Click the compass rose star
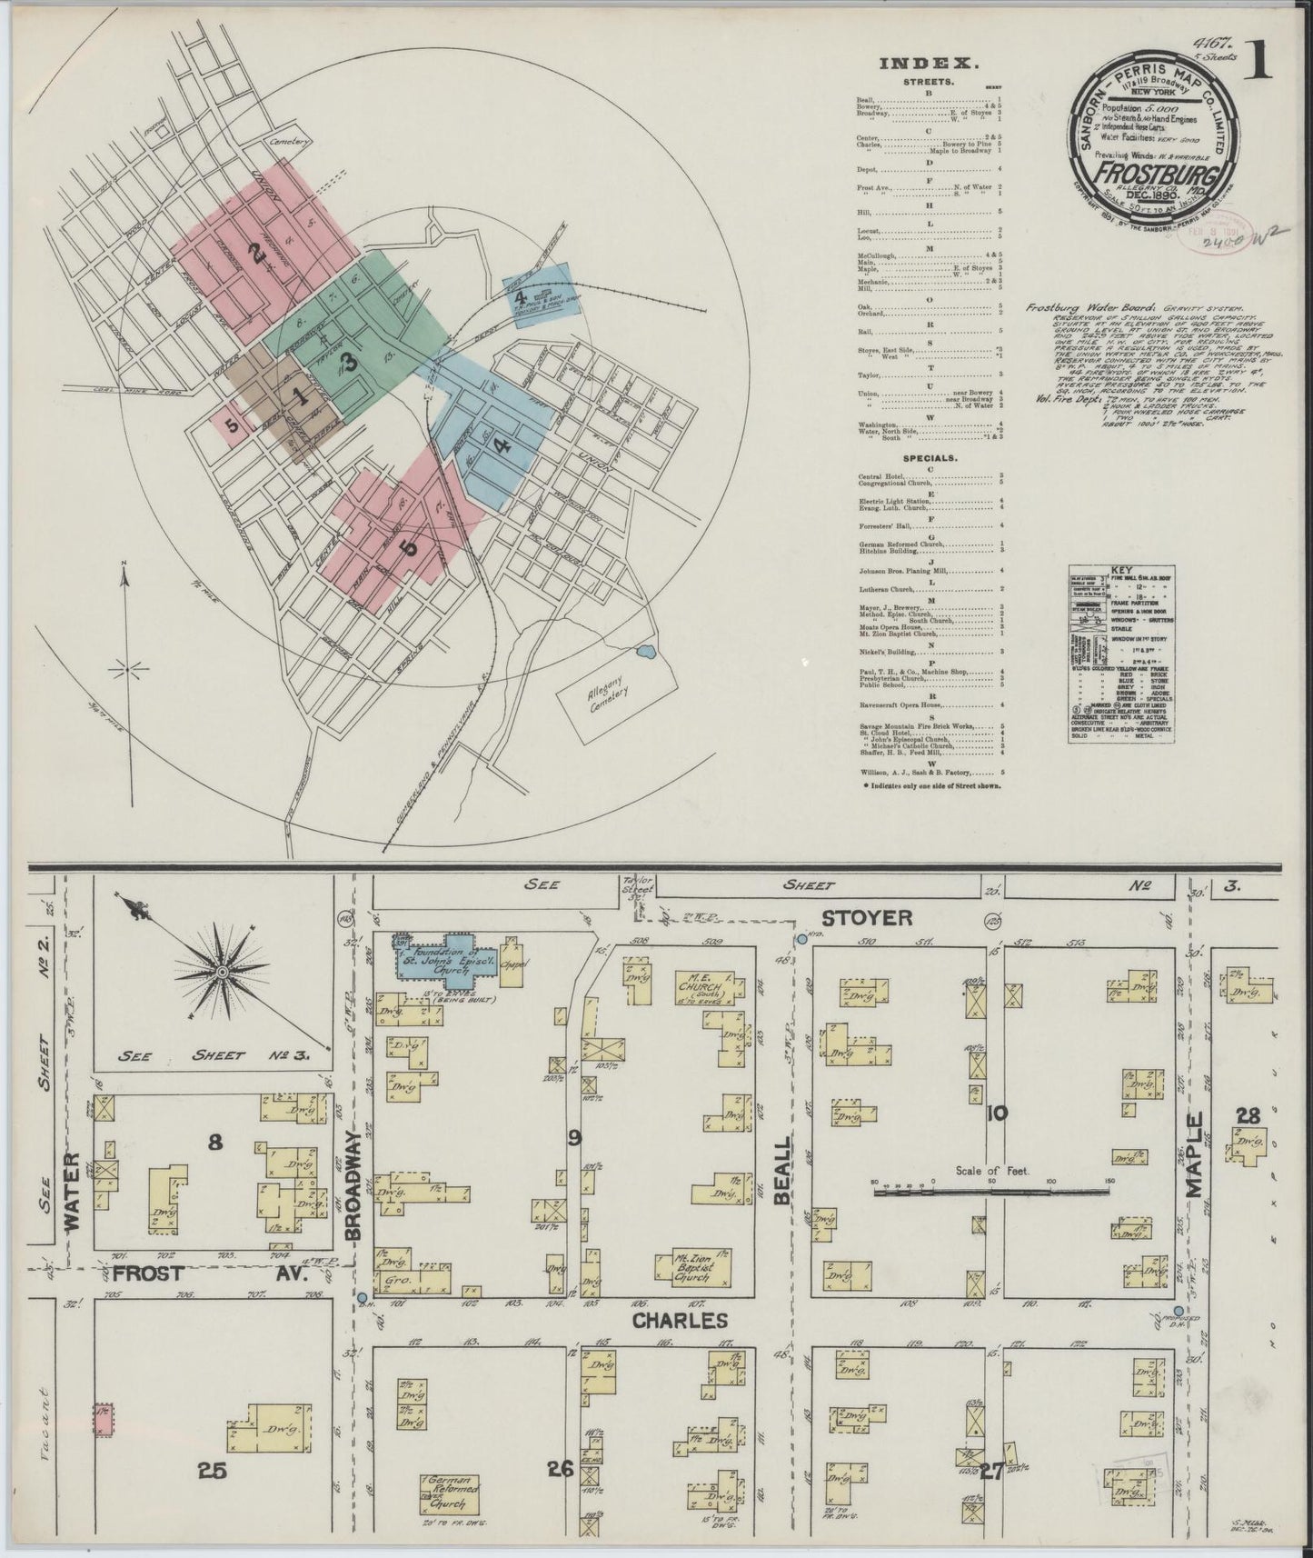point(221,973)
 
